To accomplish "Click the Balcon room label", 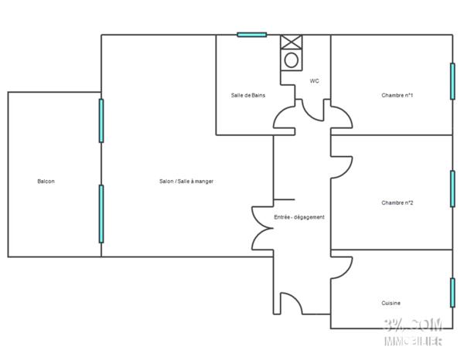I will pos(46,182).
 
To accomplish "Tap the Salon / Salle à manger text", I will pos(186,182).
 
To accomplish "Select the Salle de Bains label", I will pos(247,95).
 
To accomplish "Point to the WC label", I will pos(315,81).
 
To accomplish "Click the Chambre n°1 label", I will pos(397,95).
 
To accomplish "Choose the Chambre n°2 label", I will pos(397,203).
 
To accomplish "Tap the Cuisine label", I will pos(391,303).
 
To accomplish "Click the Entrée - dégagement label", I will pos(299,217).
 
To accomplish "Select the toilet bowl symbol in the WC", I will pos(292,59).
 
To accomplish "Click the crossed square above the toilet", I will pos(292,42).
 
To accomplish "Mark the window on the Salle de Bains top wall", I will pos(251,34).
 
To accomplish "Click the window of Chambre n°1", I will pos(452,81).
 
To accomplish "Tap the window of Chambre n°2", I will pos(452,188).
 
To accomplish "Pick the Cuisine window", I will pos(452,293).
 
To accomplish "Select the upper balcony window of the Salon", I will pos(101,120).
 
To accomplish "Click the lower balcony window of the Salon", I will pos(101,214).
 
